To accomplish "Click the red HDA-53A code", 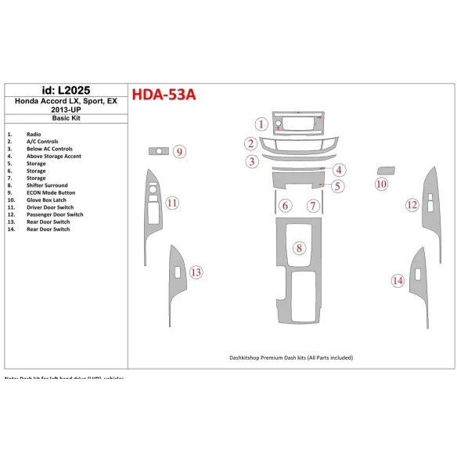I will click(x=164, y=95).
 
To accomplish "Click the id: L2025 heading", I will click(x=66, y=91).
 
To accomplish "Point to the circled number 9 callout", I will click(x=180, y=151).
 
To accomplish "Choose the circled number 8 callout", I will click(x=299, y=249).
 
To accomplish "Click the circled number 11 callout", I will click(x=172, y=203).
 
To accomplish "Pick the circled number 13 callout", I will click(x=196, y=272).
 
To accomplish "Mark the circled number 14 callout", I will click(x=398, y=280).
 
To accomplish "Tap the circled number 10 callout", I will click(x=381, y=184).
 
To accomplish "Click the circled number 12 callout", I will click(x=412, y=205).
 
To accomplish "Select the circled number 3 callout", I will click(x=251, y=162).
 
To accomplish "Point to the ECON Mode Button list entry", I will click(x=51, y=192).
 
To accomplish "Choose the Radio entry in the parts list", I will click(x=34, y=135).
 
